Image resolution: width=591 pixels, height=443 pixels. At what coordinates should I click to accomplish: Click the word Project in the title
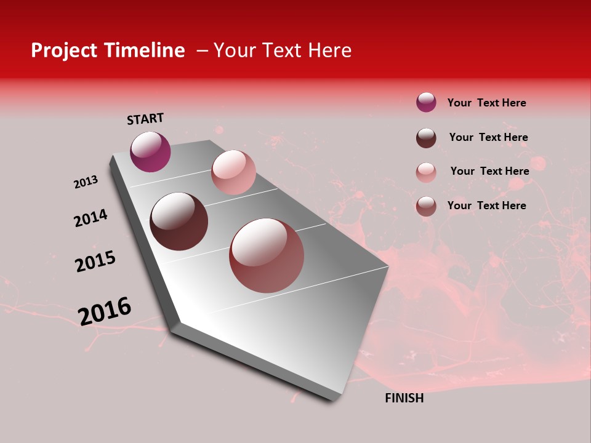pos(63,50)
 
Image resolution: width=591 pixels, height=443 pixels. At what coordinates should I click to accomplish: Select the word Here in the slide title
pos(329,50)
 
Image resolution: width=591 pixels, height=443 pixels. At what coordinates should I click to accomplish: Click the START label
pos(145,119)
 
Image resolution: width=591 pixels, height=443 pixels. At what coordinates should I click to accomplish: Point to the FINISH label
pos(404,398)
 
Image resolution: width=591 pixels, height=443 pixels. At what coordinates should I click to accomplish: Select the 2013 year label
pos(86,182)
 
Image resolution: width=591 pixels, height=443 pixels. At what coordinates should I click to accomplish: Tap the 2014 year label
pos(90,218)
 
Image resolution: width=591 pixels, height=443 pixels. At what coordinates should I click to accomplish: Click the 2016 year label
pos(105,311)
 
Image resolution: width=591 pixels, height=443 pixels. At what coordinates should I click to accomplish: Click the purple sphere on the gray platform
pos(150,151)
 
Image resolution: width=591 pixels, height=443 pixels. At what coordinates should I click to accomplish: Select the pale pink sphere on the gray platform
pos(233,172)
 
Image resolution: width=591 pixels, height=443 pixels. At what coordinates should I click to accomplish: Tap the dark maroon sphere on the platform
pos(179,221)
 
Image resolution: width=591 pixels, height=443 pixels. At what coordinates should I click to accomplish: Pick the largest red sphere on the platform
pos(267,255)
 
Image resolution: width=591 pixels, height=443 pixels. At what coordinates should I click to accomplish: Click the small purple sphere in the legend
pos(426,103)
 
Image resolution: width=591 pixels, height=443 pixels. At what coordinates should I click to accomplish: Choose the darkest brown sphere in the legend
pos(426,138)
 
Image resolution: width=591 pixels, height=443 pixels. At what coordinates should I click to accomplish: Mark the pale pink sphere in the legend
pos(426,172)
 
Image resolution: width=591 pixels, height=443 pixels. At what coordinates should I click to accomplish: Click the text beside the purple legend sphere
pos(486,103)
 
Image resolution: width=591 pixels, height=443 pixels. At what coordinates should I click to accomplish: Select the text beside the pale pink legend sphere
pos(489,171)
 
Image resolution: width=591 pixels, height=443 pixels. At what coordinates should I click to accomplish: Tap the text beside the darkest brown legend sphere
pos(488,137)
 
